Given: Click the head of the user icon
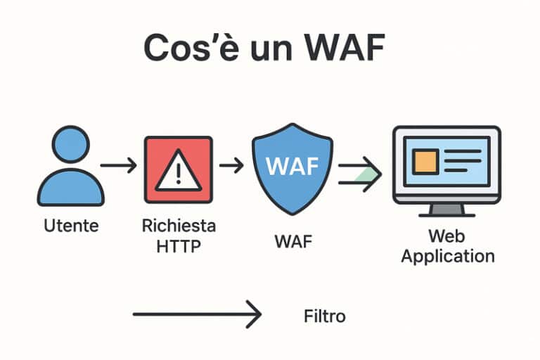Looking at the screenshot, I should (x=71, y=145).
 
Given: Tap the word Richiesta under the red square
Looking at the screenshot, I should (x=179, y=226).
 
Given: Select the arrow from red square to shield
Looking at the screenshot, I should (x=231, y=166).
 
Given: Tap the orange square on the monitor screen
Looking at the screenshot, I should (x=425, y=162).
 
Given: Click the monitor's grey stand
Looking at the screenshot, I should (x=446, y=209).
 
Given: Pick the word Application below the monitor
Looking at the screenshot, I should (x=448, y=255).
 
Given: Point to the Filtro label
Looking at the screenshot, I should (x=324, y=316).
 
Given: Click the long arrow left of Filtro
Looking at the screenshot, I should (x=197, y=314).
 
